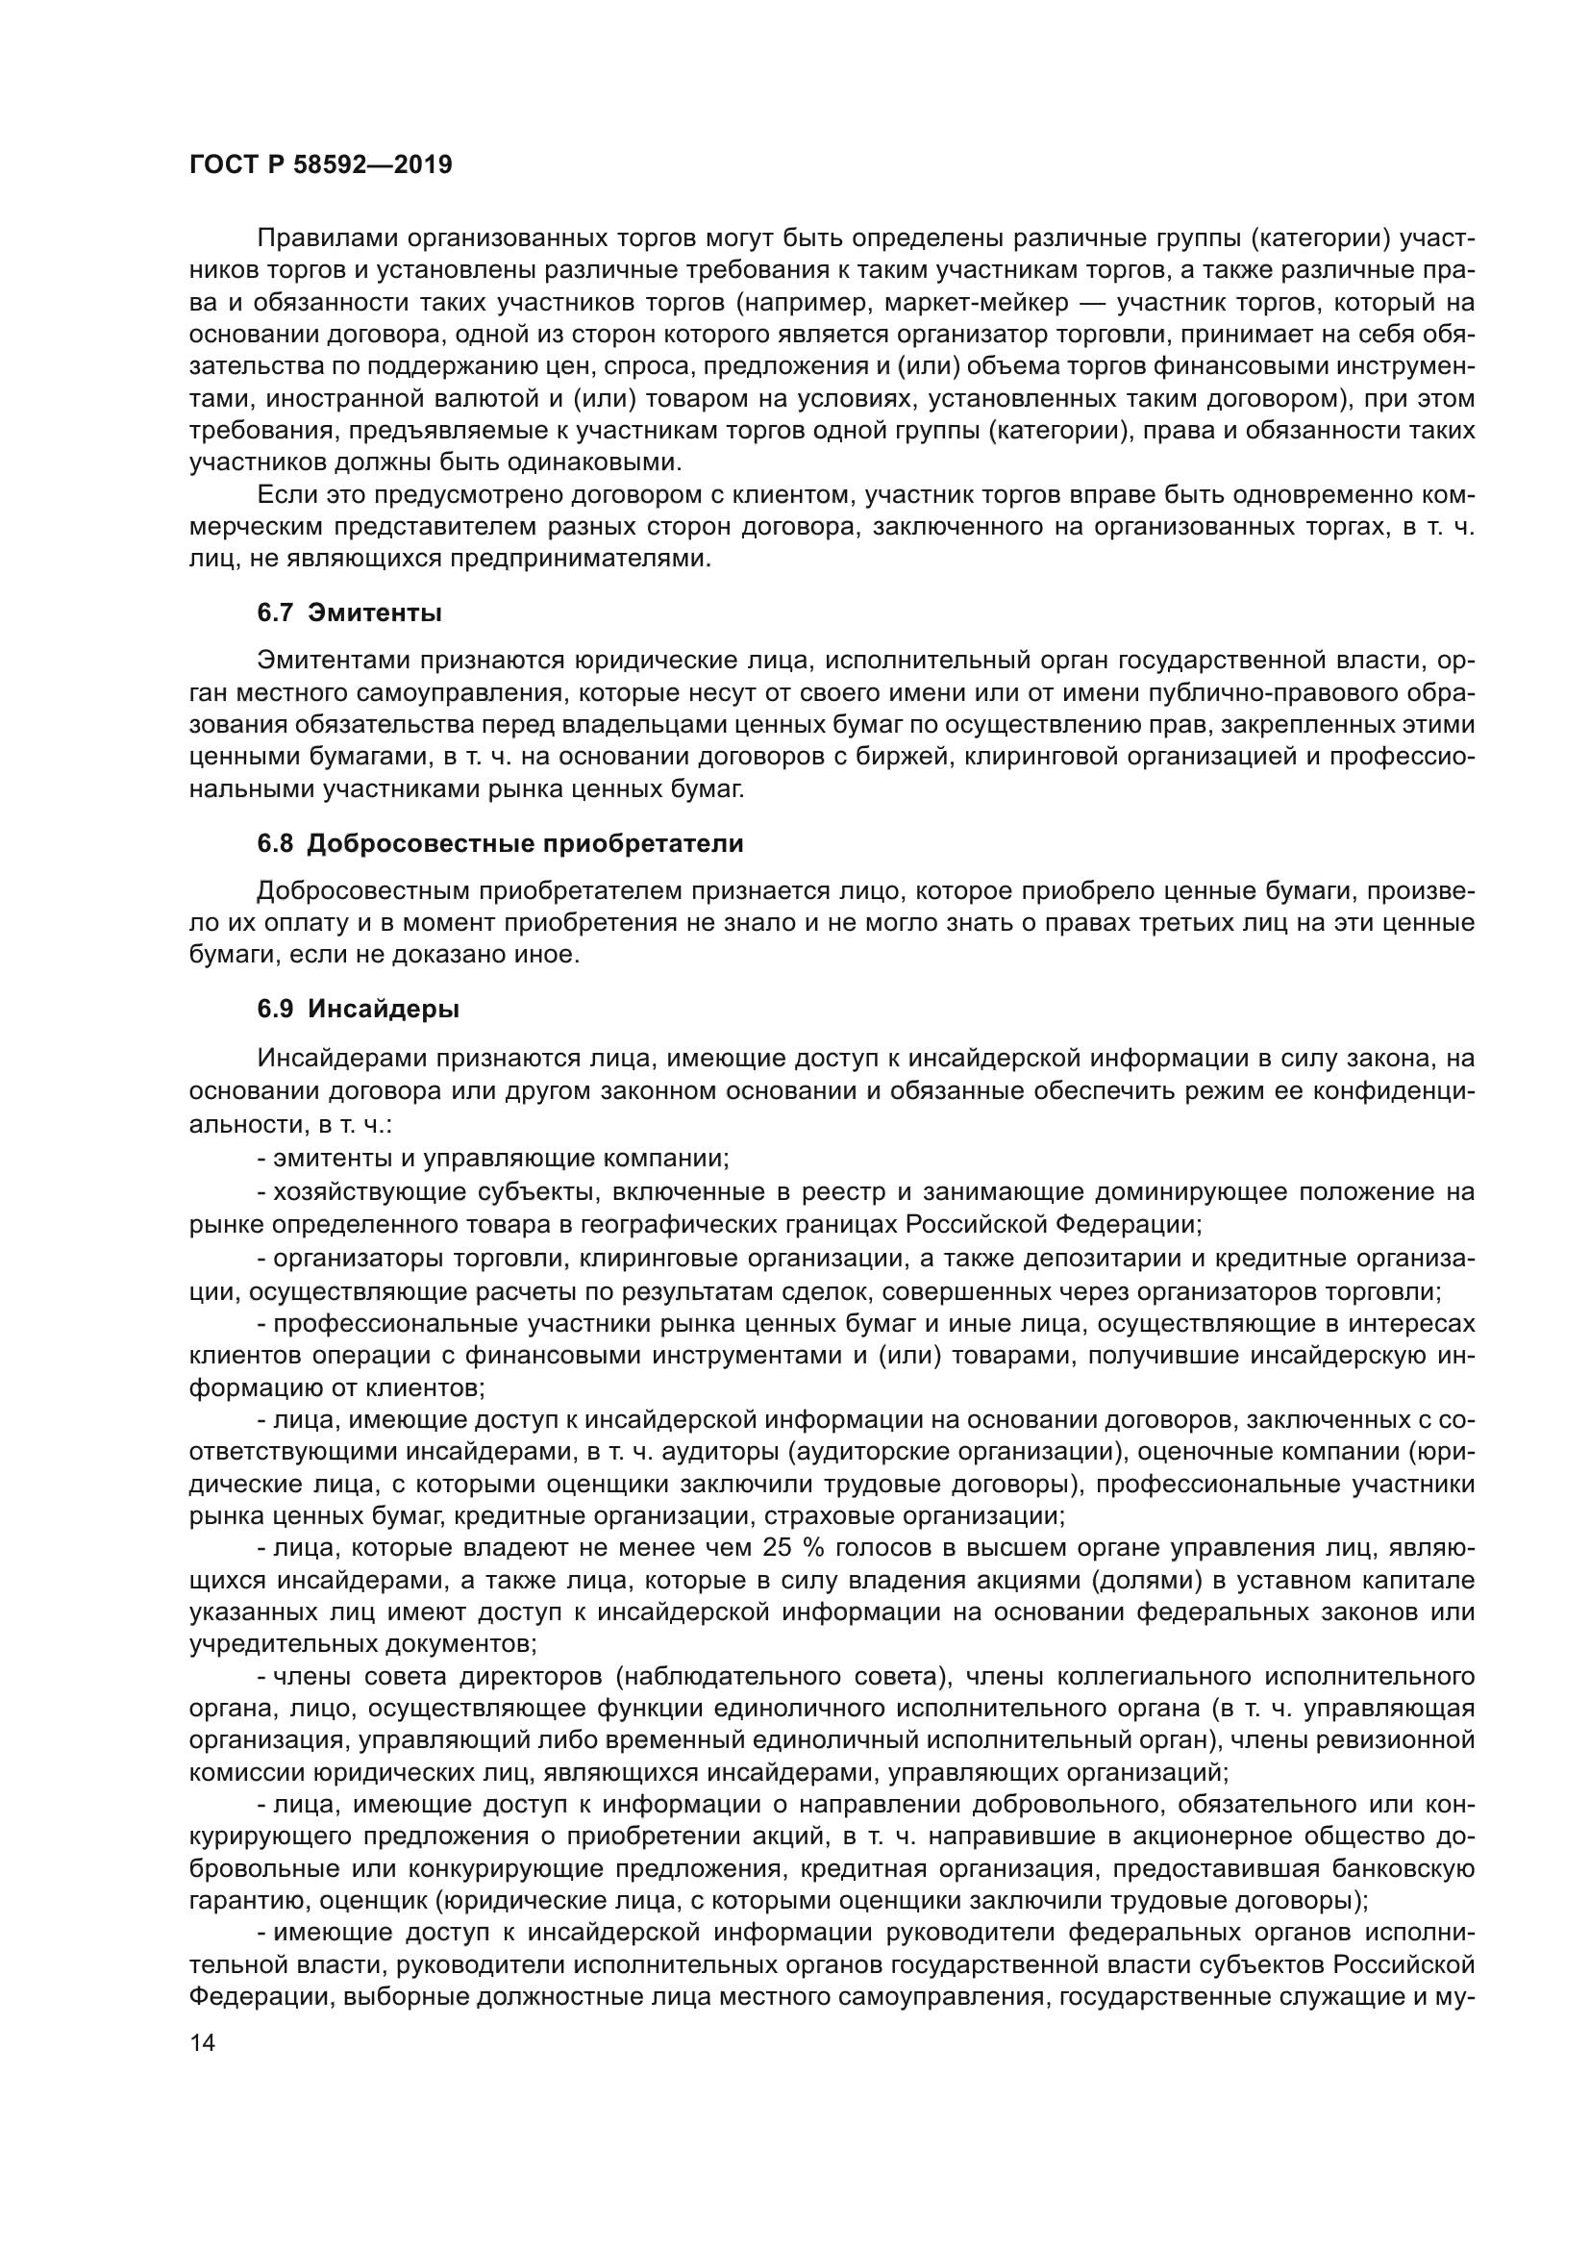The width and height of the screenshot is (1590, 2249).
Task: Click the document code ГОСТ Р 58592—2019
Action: [320, 164]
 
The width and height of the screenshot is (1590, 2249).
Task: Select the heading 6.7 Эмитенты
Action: [349, 613]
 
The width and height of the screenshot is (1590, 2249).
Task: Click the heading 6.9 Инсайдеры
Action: [359, 1009]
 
